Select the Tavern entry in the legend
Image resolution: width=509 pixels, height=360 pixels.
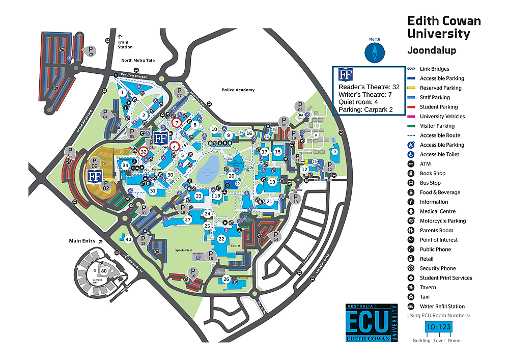coord(428,287)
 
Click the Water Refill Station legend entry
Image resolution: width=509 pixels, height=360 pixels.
coord(442,307)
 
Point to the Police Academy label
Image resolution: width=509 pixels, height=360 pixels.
coord(238,90)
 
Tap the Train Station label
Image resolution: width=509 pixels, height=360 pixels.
coord(125,44)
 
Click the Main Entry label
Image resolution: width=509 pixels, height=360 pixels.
coord(82,241)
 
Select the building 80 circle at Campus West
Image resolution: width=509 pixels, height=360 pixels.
coord(104,271)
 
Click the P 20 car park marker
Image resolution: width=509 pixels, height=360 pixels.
coord(91,51)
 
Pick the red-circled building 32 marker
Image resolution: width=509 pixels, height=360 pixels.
coord(144,151)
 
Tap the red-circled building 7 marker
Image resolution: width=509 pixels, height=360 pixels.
coord(177,123)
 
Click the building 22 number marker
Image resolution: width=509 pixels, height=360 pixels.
coord(221,239)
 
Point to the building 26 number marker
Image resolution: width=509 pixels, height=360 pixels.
coord(227,279)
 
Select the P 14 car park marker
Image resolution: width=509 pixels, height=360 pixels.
coord(276,236)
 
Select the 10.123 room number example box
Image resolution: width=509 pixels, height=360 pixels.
coord(438,327)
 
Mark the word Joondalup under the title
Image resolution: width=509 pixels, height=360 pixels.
coord(431,50)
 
